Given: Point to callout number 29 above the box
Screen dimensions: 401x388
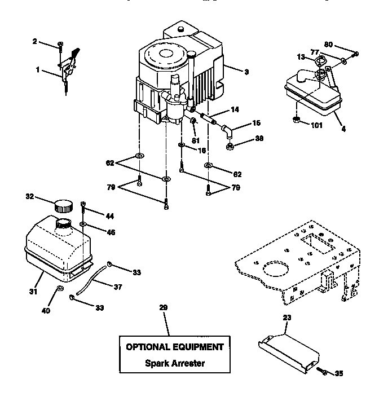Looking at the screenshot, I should coord(164,307).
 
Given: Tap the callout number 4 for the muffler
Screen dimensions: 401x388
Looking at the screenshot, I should coord(343,128).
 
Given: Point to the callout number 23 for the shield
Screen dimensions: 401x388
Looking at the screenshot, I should coord(288,318).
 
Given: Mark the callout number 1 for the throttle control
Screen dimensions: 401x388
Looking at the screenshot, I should coord(37,70).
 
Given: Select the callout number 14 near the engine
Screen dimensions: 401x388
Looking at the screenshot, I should coord(235,109).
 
